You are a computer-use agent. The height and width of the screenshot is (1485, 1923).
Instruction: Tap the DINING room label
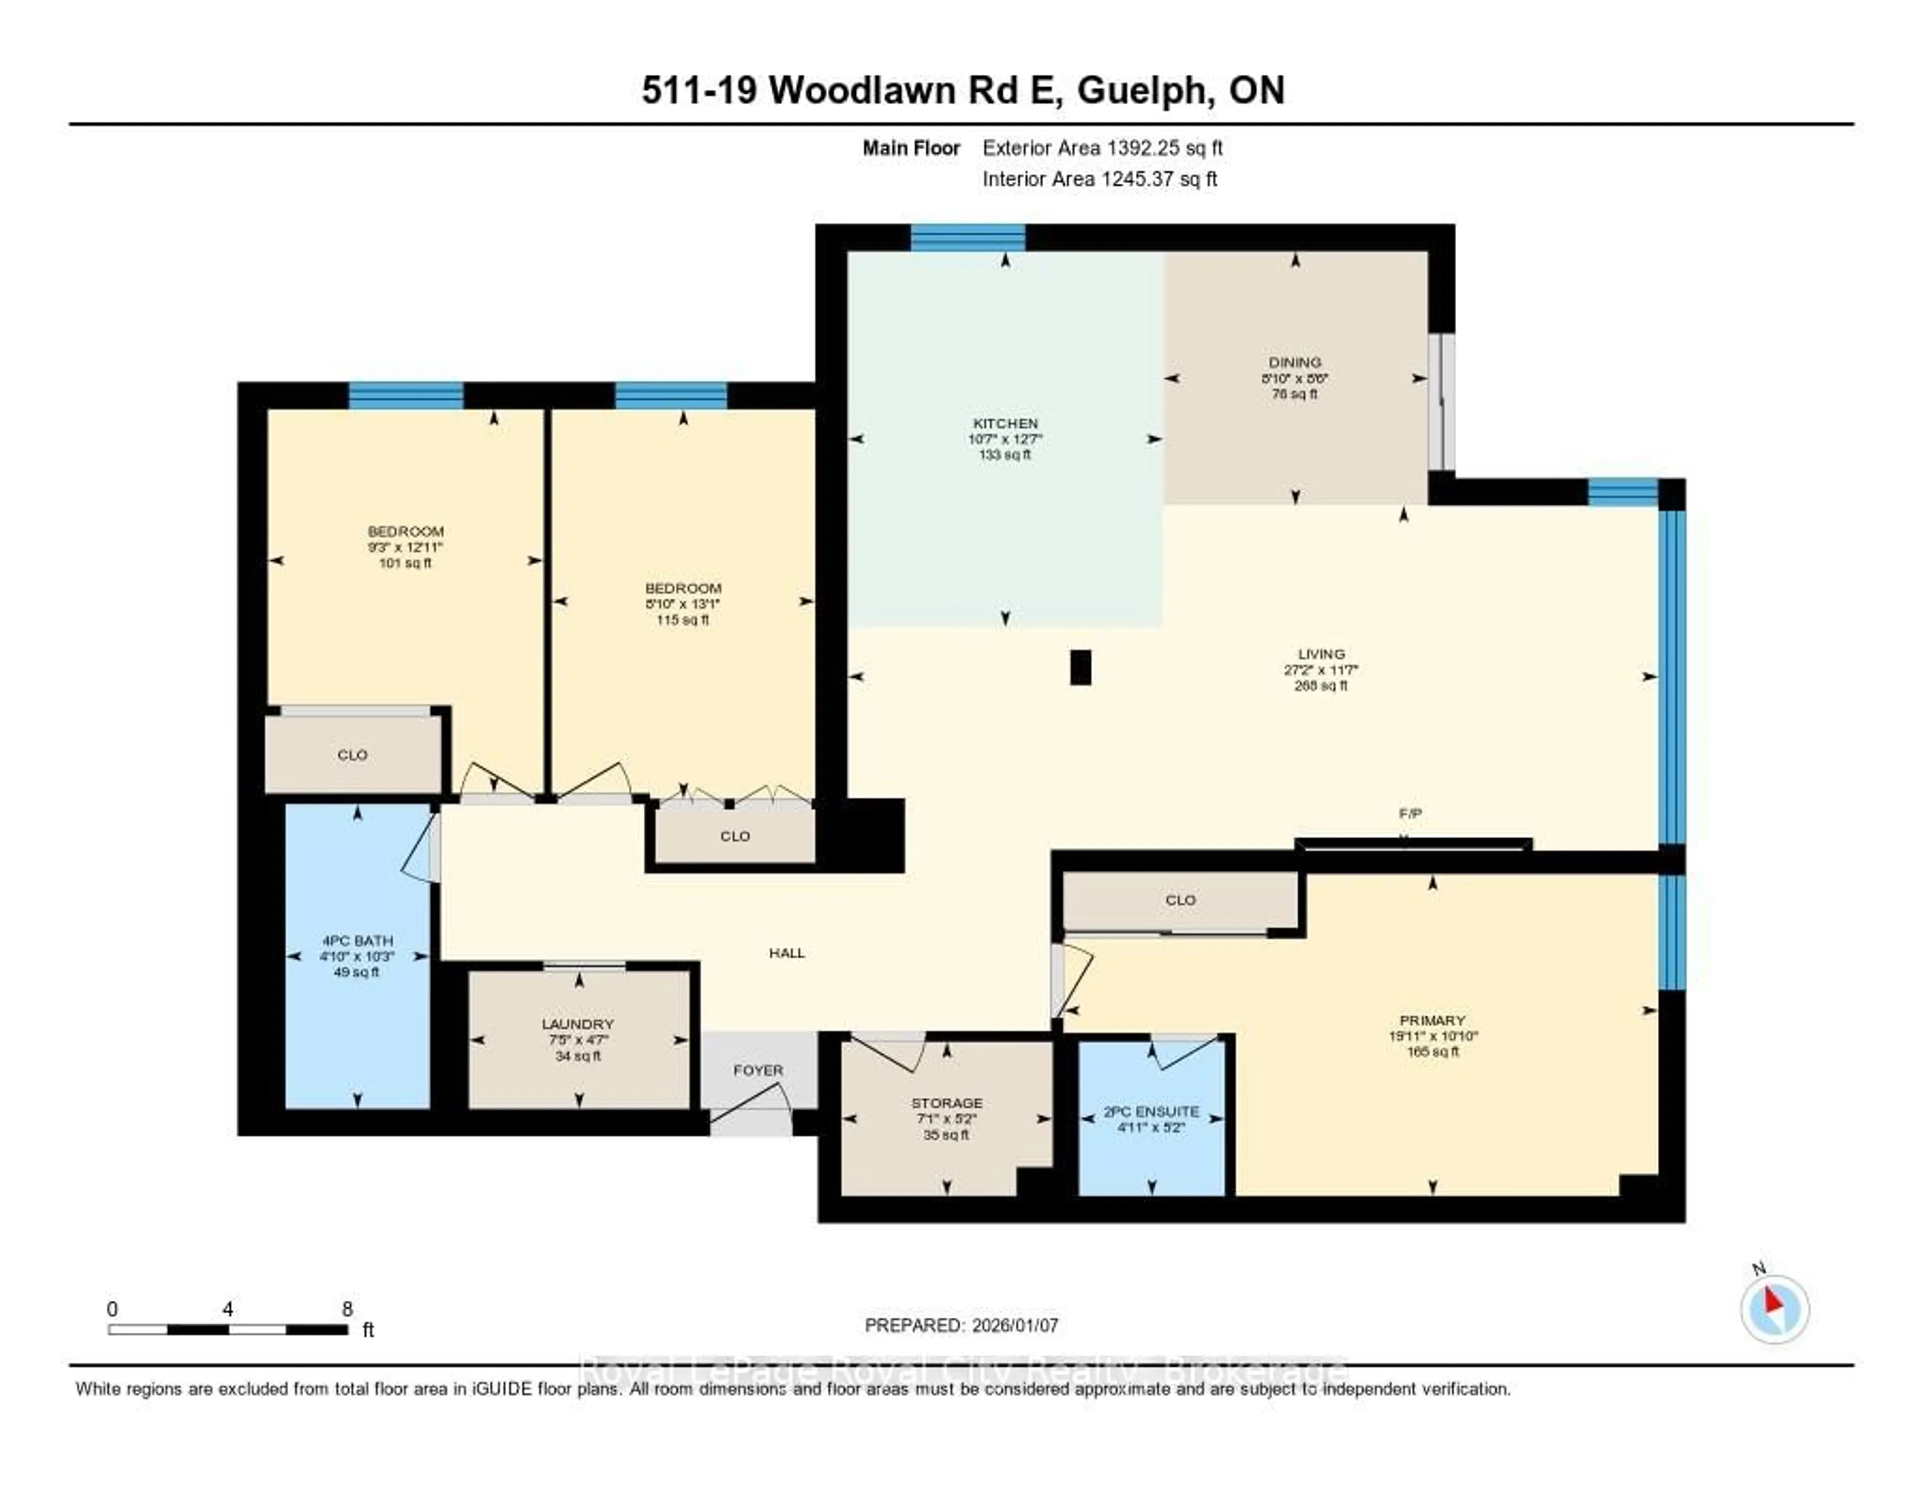tap(1295, 362)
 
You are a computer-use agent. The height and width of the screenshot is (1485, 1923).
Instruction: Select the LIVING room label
tap(1321, 654)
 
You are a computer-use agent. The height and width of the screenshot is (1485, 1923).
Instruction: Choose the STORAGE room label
tap(946, 1103)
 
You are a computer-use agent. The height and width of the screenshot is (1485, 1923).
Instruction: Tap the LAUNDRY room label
tap(577, 1024)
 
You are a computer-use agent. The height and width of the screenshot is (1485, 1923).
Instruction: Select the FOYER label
tap(758, 1070)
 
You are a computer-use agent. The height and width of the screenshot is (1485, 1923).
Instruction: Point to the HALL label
tap(786, 952)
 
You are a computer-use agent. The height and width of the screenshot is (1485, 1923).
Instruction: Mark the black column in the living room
tap(1080, 667)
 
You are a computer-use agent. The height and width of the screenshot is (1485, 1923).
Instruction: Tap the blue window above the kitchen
tap(968, 238)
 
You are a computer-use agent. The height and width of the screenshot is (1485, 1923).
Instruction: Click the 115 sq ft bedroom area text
tap(683, 620)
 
